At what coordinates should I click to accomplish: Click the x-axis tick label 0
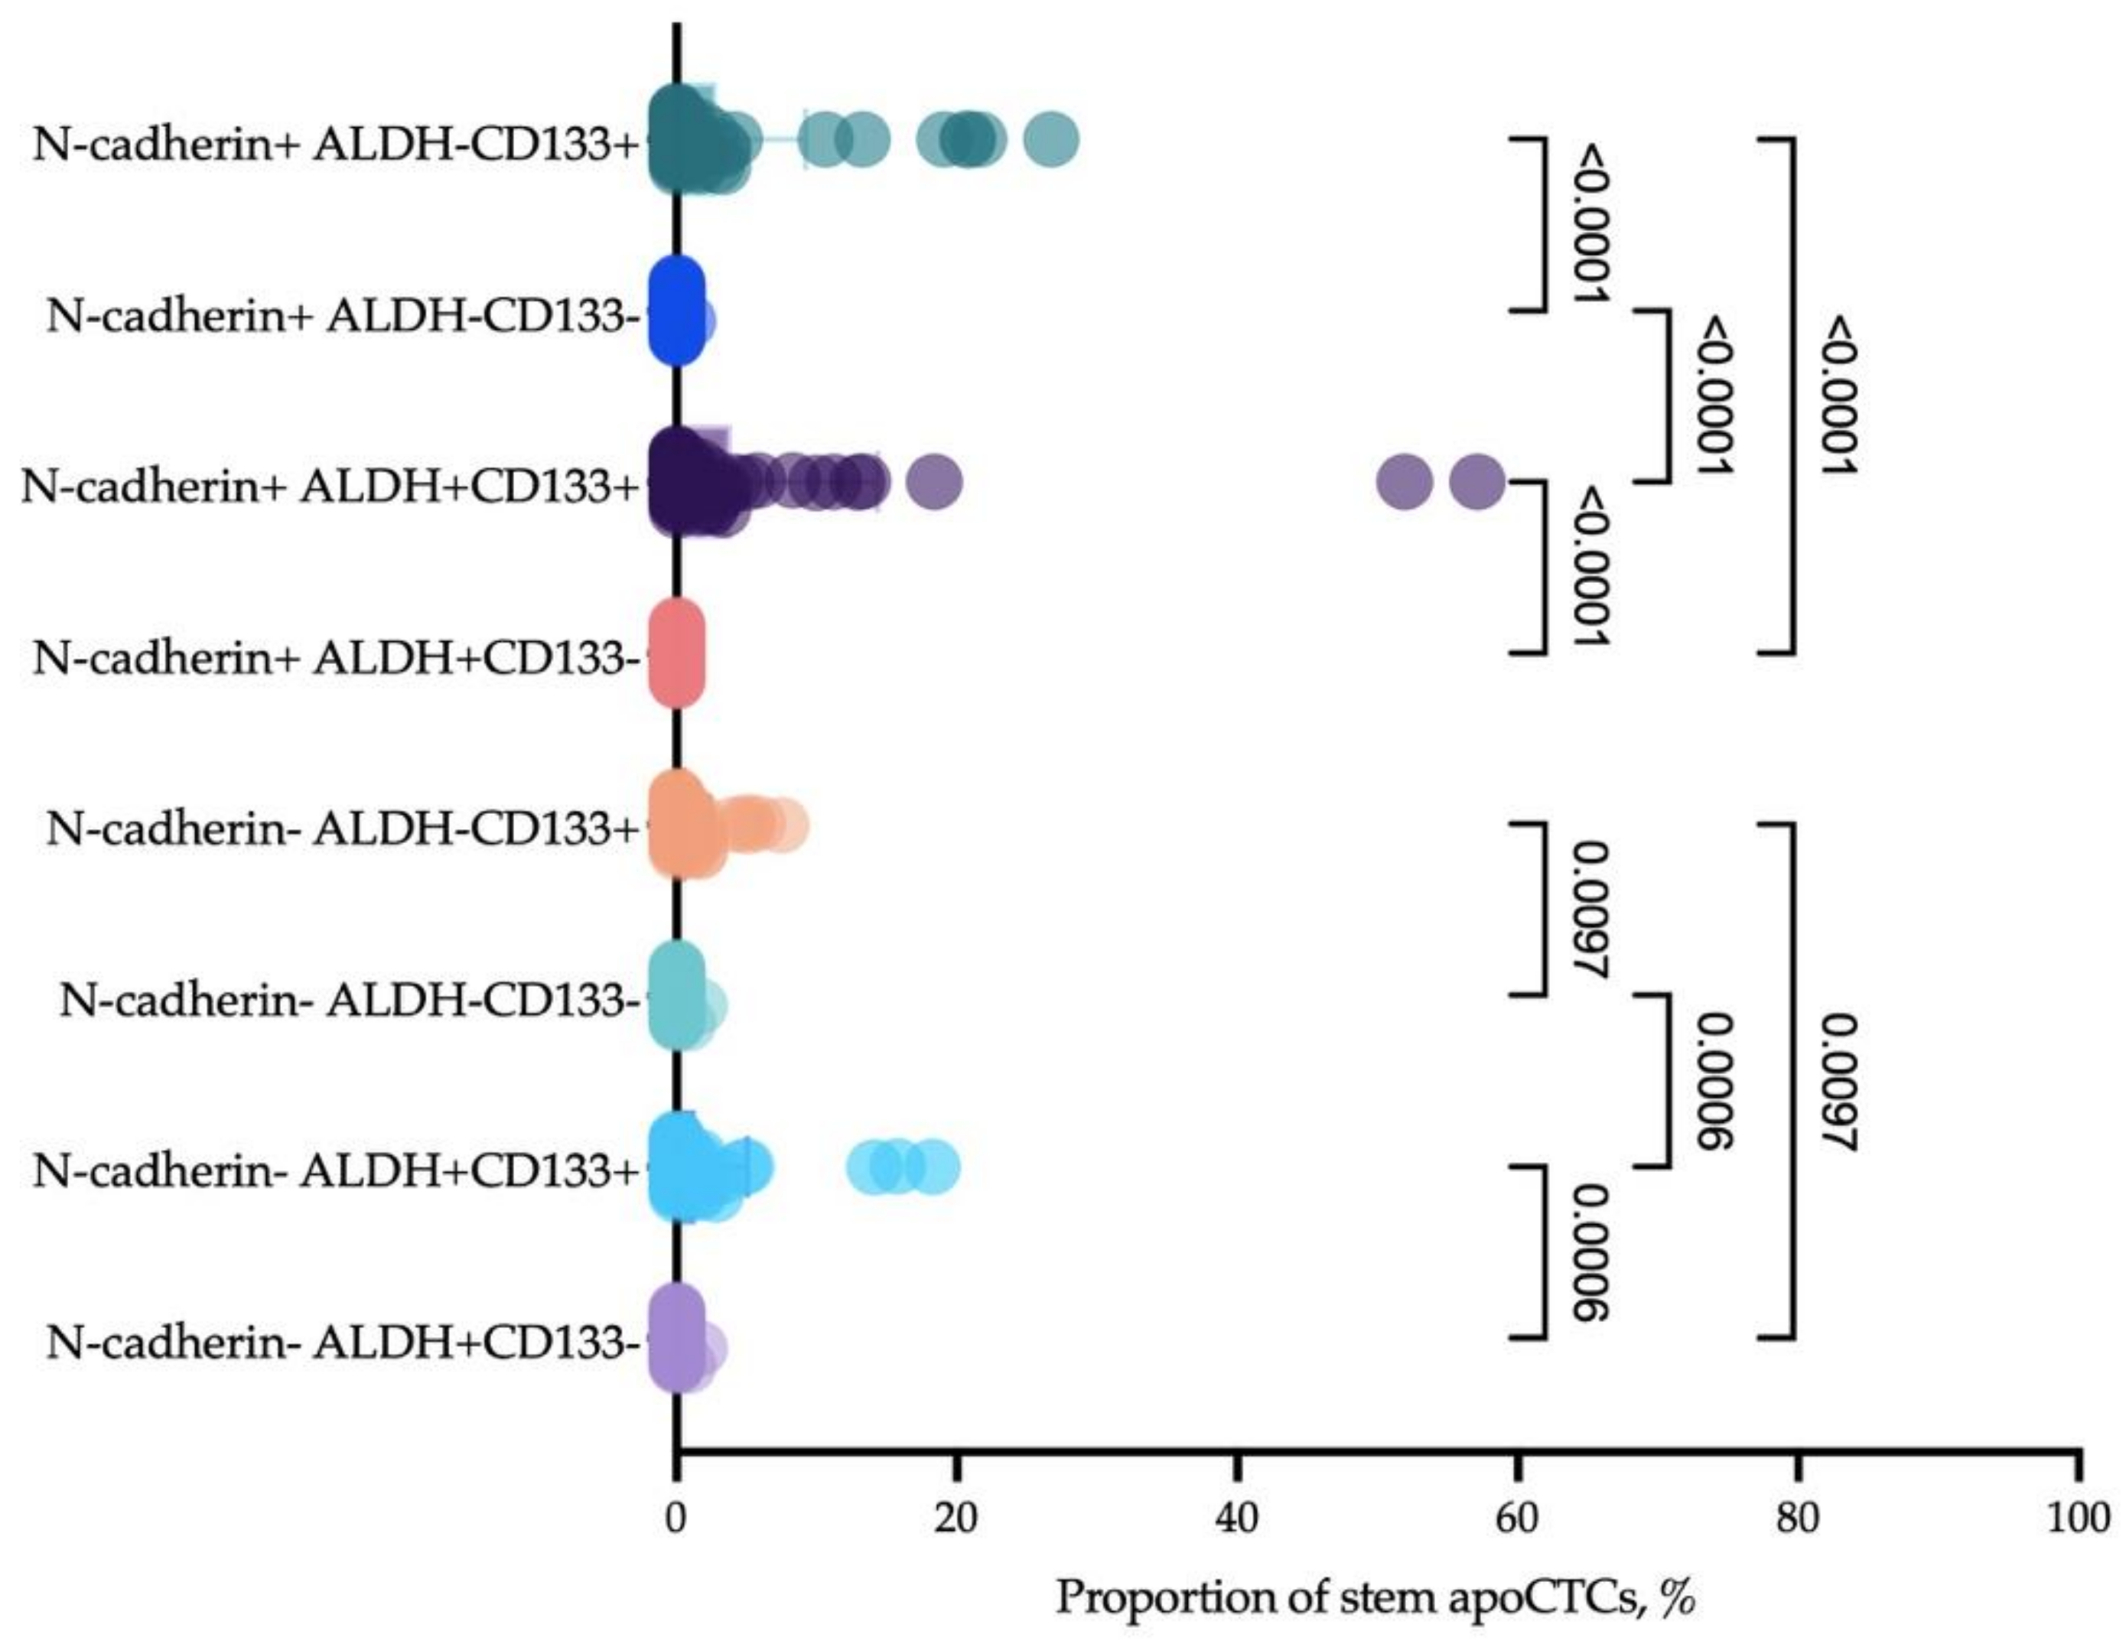pos(676,1519)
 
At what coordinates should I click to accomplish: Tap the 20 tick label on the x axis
pos(956,1519)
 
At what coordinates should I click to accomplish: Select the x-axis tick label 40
pos(1236,1519)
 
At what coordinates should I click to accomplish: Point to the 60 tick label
pos(1516,1519)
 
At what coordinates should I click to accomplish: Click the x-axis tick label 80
pos(1797,1519)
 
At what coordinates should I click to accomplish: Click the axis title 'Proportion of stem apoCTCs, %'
pos(1376,1598)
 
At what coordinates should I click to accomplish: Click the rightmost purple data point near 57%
pos(1476,481)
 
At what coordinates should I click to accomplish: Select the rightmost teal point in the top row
pos(1051,141)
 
